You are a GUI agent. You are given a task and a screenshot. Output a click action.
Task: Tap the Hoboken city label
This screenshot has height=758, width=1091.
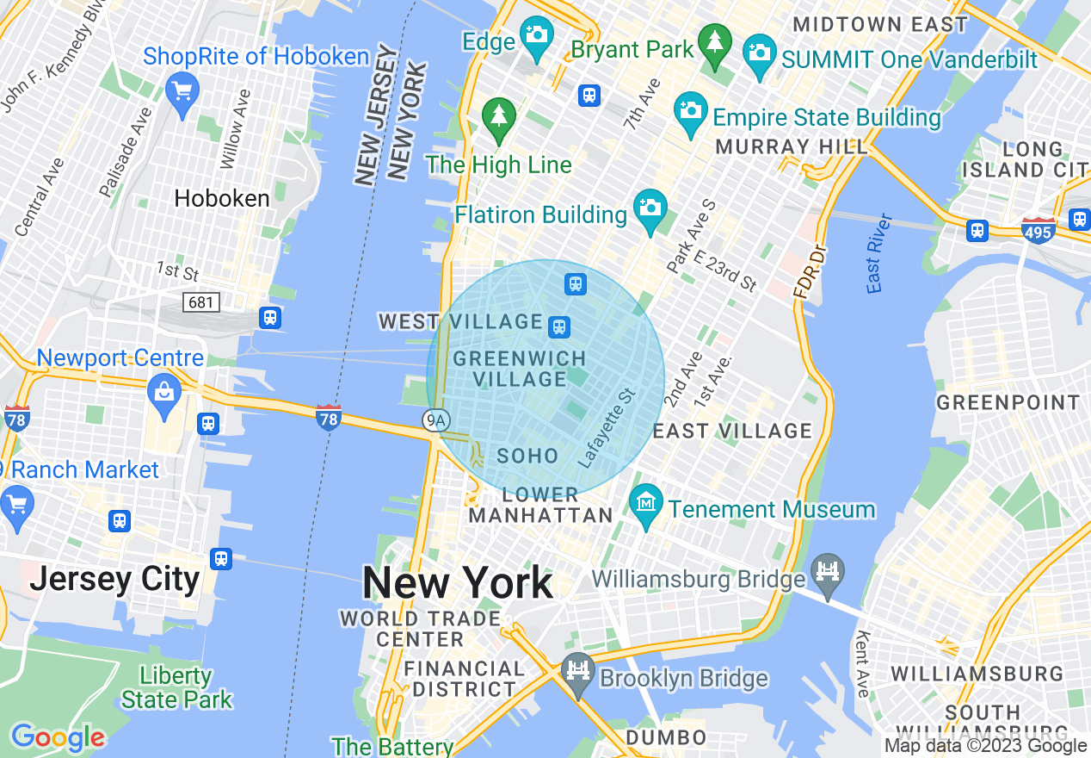click(x=222, y=198)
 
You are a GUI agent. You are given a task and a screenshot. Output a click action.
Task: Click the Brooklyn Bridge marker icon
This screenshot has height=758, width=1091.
click(x=577, y=672)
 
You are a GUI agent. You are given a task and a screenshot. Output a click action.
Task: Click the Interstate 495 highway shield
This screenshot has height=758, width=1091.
click(x=1039, y=231)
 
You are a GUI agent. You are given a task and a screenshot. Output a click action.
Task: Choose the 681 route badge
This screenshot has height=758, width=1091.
click(x=201, y=302)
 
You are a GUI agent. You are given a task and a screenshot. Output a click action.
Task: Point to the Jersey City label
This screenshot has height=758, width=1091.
click(x=114, y=579)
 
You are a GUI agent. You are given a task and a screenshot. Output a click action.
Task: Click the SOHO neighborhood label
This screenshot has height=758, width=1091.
click(x=528, y=456)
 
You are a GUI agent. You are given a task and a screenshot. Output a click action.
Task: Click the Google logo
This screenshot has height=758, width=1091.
click(x=57, y=737)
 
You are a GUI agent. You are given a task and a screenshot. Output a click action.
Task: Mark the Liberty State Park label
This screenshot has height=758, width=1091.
click(x=176, y=687)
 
